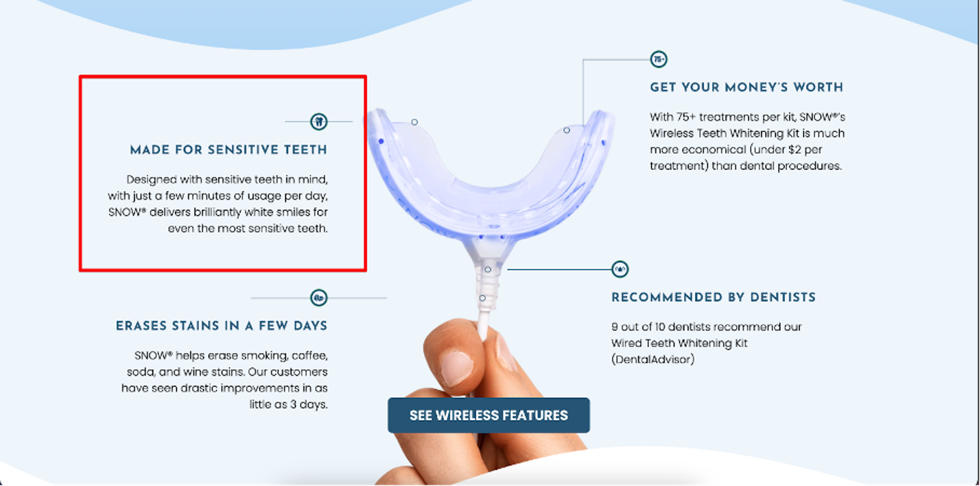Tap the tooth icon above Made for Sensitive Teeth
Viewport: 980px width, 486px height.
(319, 122)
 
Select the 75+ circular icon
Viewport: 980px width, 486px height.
(658, 59)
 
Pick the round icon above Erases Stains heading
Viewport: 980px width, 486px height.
(319, 298)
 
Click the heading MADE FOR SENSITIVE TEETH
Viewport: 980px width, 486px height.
(229, 150)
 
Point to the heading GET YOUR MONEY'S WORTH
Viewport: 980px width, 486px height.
(746, 87)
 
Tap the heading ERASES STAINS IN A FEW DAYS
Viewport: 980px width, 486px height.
(222, 326)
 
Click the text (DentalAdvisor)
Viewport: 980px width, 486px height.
(653, 359)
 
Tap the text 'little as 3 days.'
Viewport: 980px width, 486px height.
(288, 404)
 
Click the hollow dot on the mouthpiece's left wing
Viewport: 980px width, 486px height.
(414, 122)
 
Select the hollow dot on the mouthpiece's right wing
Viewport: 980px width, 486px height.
(567, 130)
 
